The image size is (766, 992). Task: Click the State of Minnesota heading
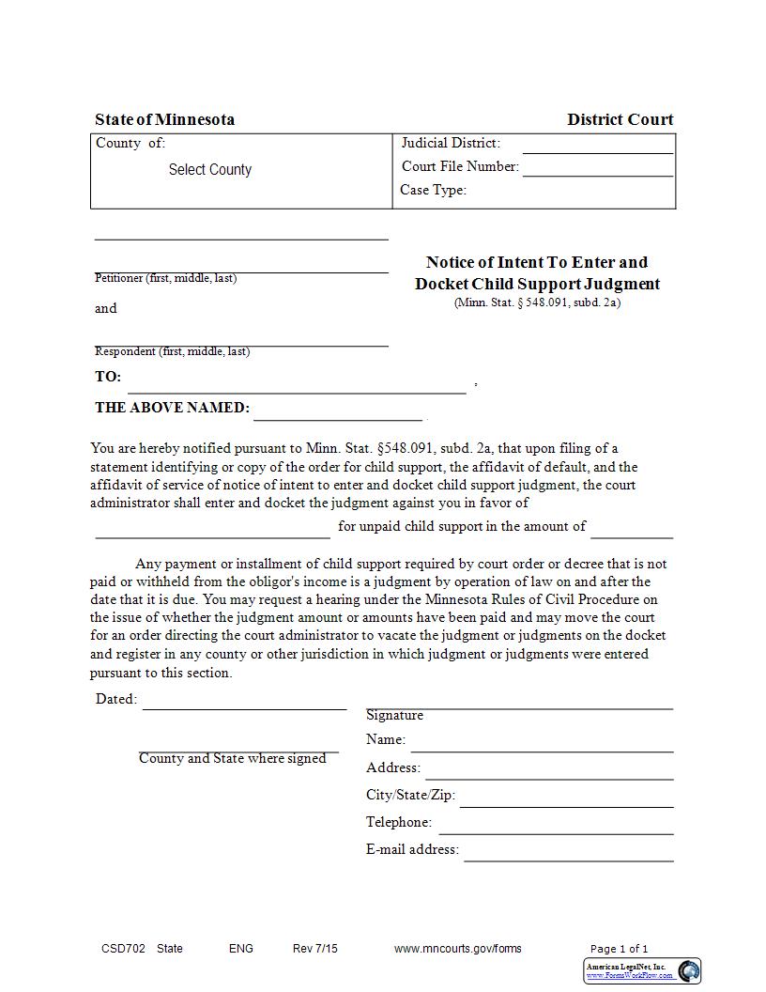pyautogui.click(x=164, y=119)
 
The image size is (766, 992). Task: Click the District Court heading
pyautogui.click(x=620, y=119)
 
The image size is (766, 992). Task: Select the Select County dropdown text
pyautogui.click(x=209, y=170)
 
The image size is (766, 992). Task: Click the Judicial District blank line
pyautogui.click(x=597, y=147)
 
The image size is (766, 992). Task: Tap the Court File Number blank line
pyautogui.click(x=597, y=170)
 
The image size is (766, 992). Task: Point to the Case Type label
pyautogui.click(x=433, y=190)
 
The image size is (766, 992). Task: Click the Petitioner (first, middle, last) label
pyautogui.click(x=165, y=278)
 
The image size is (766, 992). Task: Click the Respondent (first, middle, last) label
pyautogui.click(x=172, y=351)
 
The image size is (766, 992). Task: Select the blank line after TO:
pyautogui.click(x=297, y=386)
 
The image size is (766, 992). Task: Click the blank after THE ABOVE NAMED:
pyautogui.click(x=338, y=414)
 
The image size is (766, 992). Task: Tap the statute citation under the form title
pyautogui.click(x=537, y=302)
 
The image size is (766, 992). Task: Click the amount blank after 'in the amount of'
pyautogui.click(x=632, y=532)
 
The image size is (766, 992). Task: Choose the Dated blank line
pyautogui.click(x=244, y=704)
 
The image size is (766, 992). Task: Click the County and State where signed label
pyautogui.click(x=232, y=758)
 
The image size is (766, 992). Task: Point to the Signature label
pyautogui.click(x=394, y=715)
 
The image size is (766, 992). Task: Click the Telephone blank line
pyautogui.click(x=556, y=828)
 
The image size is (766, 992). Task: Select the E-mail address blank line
pyautogui.click(x=568, y=855)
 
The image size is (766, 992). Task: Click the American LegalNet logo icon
pyautogui.click(x=689, y=970)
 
